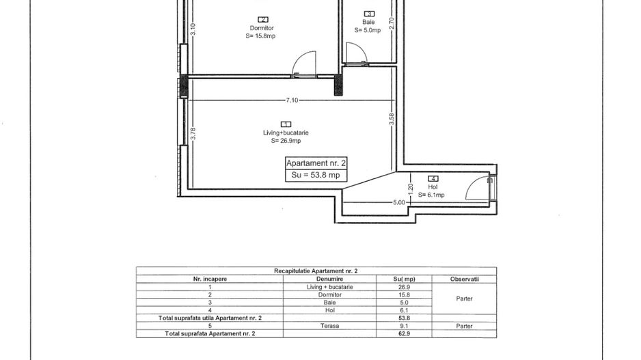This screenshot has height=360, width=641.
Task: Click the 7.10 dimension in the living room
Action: coord(292,100)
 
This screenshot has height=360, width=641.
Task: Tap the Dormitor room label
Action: coord(262,28)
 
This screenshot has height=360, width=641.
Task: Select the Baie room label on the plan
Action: coord(368,22)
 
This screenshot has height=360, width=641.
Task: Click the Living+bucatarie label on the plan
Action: coord(286,133)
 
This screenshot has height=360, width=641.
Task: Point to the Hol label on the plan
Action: coord(433,186)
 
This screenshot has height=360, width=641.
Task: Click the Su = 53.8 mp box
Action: coord(316,175)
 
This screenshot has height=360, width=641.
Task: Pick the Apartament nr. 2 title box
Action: coord(316,163)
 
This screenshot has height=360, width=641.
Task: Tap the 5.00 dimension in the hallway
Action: coord(399,202)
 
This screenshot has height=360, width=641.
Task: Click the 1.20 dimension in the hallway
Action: coord(411,189)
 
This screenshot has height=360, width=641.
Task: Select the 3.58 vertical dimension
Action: coord(392,119)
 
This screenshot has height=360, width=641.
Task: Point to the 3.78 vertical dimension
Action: coord(193,134)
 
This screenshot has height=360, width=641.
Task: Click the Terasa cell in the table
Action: coord(329,326)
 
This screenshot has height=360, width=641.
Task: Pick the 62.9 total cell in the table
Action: coord(404,334)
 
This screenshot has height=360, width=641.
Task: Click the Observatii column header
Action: coord(465,279)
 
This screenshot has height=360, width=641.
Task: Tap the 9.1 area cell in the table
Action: coord(404,326)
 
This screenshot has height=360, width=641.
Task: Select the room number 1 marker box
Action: coord(286,124)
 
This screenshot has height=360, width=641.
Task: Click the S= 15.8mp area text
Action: coord(260,36)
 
